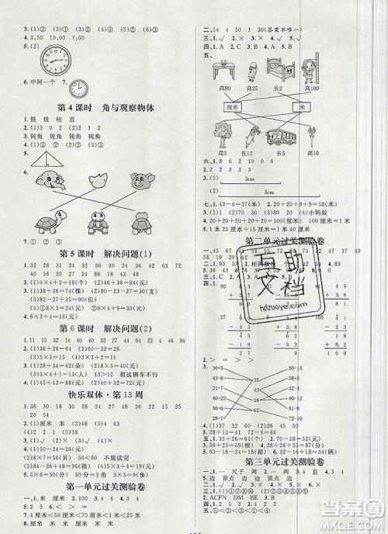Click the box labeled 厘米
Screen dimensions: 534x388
[x=230, y=106]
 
